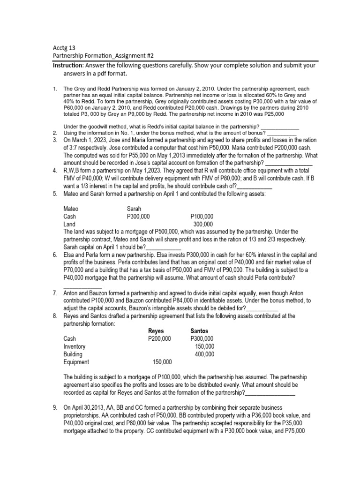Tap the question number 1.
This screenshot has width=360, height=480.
click(55, 89)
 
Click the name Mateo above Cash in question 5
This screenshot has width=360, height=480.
click(71, 209)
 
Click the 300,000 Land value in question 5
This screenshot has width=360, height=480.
click(203, 225)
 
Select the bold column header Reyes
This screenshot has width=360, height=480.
click(156, 331)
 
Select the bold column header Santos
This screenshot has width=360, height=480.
click(199, 331)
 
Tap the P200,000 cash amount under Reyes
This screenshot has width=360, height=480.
click(159, 339)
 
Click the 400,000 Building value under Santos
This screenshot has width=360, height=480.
click(204, 354)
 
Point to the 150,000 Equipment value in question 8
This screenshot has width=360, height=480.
click(162, 362)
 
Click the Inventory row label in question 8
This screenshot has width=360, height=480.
click(74, 346)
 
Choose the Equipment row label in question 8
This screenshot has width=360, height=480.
click(76, 362)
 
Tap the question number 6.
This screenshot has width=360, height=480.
click(54, 255)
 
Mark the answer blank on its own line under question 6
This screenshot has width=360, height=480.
click(82, 286)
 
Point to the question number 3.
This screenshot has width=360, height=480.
click(54, 140)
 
